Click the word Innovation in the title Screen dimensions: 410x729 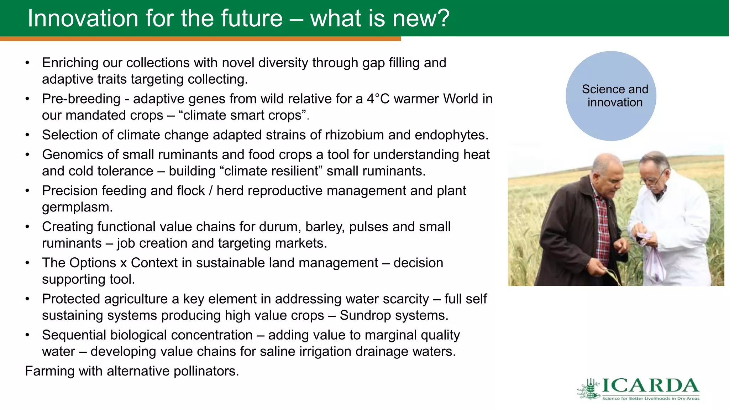[83, 18]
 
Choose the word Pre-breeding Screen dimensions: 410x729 [81, 99]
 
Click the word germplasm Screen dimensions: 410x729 [77, 207]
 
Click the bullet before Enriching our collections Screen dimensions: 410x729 [27, 63]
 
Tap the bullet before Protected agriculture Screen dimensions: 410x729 [27, 299]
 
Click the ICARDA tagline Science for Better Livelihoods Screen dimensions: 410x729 [651, 398]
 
